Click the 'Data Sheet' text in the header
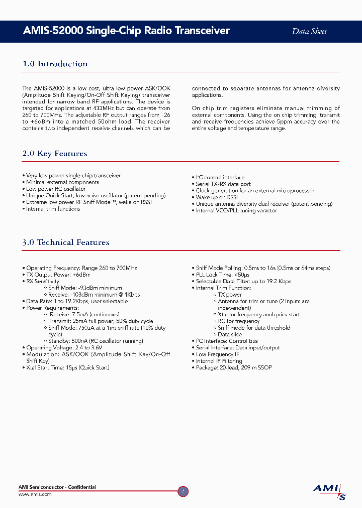[309, 31]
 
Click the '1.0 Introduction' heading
[55, 64]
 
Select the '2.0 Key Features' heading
[55, 154]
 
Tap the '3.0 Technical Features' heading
[66, 242]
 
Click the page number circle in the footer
[184, 491]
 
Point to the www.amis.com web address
[35, 494]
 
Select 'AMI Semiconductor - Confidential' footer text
[57, 487]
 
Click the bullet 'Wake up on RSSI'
[216, 197]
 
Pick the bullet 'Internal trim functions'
[53, 209]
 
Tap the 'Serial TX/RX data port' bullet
[223, 184]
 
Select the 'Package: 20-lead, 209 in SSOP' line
[233, 367]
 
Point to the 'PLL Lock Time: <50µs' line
[222, 275]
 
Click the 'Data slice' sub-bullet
[229, 334]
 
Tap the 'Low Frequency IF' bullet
[217, 354]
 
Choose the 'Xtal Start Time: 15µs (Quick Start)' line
[67, 367]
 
